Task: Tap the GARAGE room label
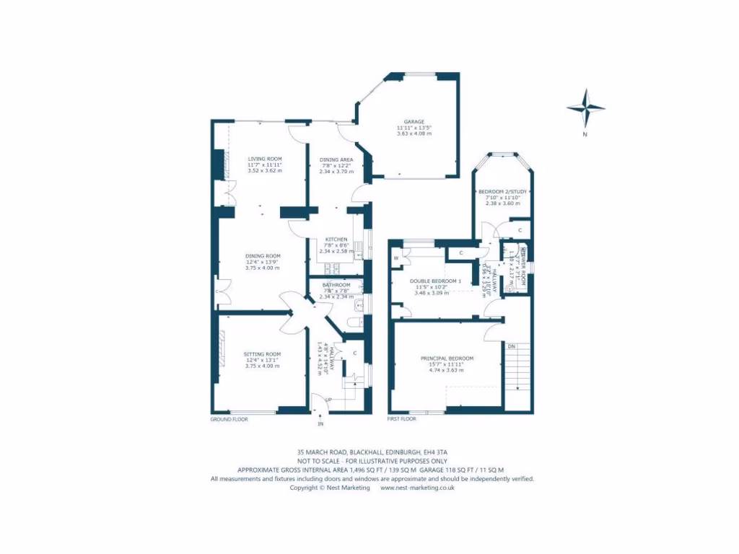pyautogui.click(x=414, y=121)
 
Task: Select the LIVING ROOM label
pyautogui.click(x=265, y=159)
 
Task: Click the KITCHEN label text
pyautogui.click(x=336, y=239)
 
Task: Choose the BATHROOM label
pyautogui.click(x=336, y=285)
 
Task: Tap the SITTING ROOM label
pyautogui.click(x=262, y=354)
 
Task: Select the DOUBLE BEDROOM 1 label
pyautogui.click(x=435, y=281)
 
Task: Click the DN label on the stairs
pyautogui.click(x=511, y=346)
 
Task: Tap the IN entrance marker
pyautogui.click(x=320, y=423)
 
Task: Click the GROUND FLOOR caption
pyautogui.click(x=229, y=418)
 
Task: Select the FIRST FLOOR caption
pyautogui.click(x=402, y=418)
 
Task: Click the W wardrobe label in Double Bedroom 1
pyautogui.click(x=396, y=258)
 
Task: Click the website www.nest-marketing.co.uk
pyautogui.click(x=417, y=487)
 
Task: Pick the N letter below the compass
pyautogui.click(x=585, y=135)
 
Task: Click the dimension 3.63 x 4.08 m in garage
pyautogui.click(x=414, y=133)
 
